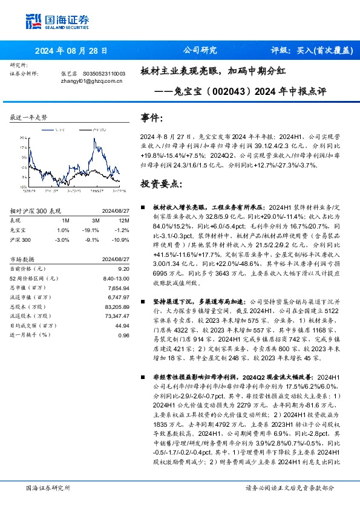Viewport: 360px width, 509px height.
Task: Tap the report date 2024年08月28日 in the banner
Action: pos(71,51)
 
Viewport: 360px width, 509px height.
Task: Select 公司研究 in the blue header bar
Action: pos(199,51)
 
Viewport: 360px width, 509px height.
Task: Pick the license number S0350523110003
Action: pos(103,73)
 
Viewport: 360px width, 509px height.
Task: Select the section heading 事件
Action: pos(151,117)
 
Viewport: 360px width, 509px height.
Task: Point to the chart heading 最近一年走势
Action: pos(29,117)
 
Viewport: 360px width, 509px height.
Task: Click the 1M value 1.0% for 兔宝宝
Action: pos(62,230)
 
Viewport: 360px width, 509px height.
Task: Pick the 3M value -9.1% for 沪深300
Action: pos(93,240)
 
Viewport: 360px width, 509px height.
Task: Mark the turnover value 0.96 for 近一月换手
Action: pos(123,335)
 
